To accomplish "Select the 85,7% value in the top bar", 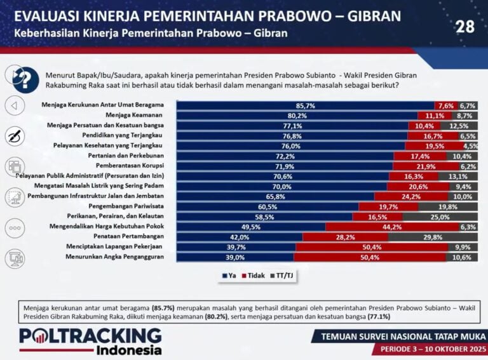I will click(x=306, y=105).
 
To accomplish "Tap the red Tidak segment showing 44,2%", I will click(x=392, y=226).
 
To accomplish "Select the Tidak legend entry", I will click(x=254, y=275).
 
